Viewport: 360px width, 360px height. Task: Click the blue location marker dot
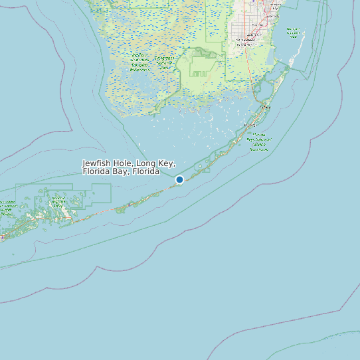179,179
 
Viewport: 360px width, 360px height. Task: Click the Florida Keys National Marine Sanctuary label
259,141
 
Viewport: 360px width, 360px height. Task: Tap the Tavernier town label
250,125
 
